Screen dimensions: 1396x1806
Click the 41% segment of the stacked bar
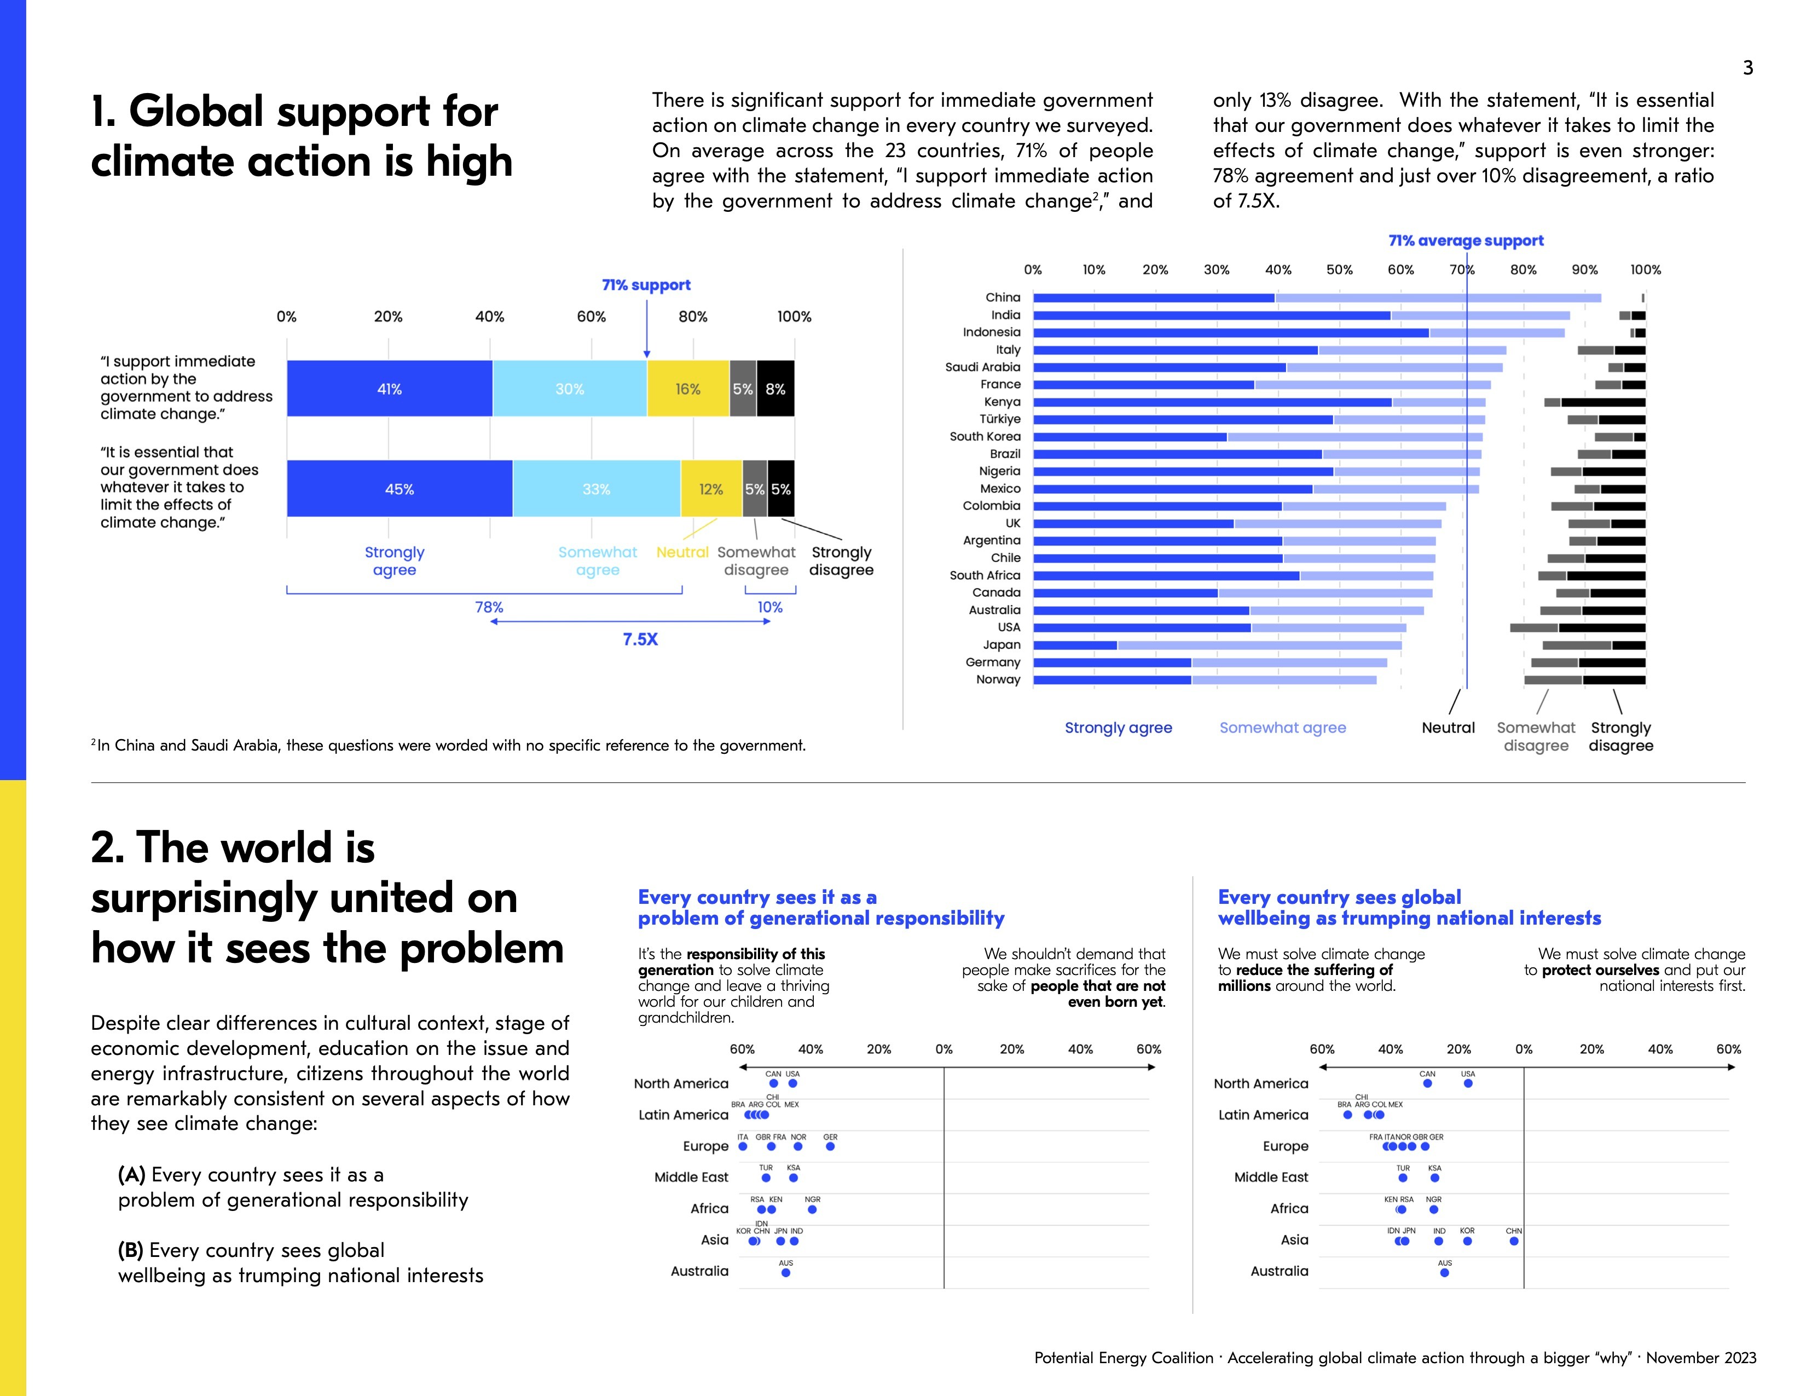click(x=390, y=389)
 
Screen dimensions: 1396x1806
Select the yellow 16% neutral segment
click(x=687, y=389)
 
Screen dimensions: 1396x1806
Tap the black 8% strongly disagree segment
click(x=775, y=389)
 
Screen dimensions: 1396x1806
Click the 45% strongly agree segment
click(x=400, y=489)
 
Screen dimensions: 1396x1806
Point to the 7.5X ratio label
click(x=640, y=639)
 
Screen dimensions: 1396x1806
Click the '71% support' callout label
click(x=646, y=285)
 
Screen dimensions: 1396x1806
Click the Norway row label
click(x=998, y=680)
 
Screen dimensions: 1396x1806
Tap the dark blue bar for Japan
click(x=1075, y=645)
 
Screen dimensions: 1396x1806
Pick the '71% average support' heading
click(x=1465, y=241)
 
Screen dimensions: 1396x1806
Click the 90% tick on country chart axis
click(x=1584, y=269)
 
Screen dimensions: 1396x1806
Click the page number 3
click(x=1747, y=68)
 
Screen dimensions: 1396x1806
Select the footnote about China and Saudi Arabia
click(x=448, y=745)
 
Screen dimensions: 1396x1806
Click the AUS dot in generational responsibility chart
click(x=785, y=1273)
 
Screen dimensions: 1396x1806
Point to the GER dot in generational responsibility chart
click(x=830, y=1147)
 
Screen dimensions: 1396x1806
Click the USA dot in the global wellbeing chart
click(x=1468, y=1083)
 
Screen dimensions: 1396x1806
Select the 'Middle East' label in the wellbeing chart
click(x=1271, y=1177)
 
